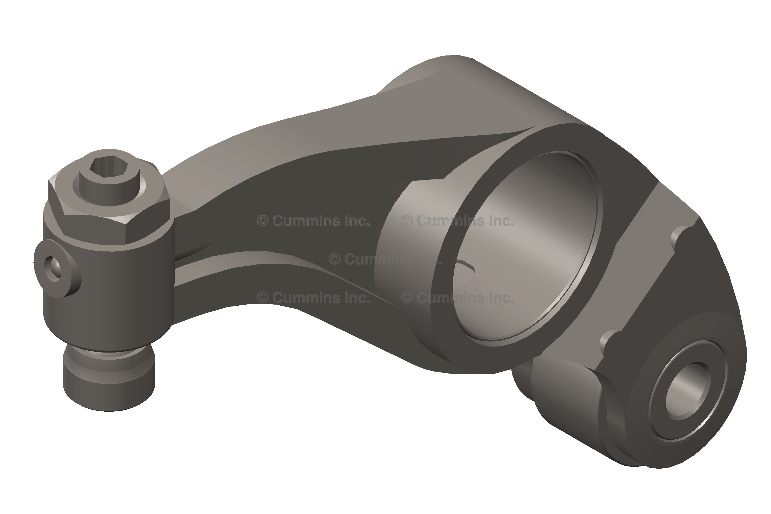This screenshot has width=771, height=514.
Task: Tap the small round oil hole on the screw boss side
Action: pos(53,269)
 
